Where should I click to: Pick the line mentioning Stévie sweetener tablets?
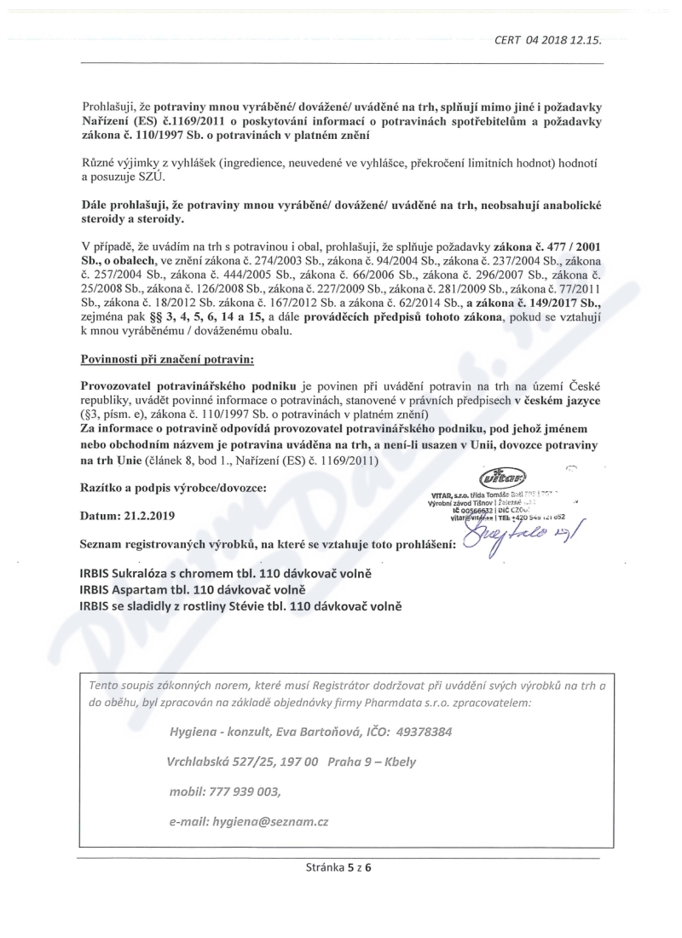(240, 605)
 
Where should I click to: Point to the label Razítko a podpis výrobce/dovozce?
(172, 487)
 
